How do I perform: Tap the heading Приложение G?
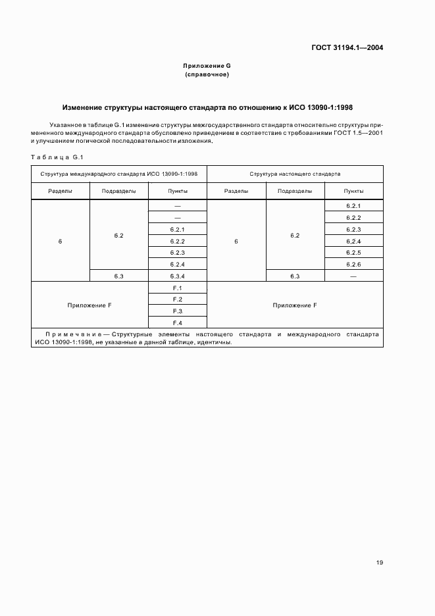(207, 66)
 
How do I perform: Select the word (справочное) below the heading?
(207, 75)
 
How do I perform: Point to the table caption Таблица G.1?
(57, 156)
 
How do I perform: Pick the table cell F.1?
(178, 288)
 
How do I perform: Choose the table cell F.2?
(178, 299)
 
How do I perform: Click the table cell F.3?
(178, 311)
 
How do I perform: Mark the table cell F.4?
(178, 322)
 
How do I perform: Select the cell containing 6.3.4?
(178, 276)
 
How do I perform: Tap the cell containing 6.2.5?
(353, 253)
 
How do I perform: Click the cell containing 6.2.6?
(353, 265)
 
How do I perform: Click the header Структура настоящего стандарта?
(295, 174)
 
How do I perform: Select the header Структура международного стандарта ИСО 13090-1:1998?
(119, 174)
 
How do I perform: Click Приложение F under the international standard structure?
(90, 305)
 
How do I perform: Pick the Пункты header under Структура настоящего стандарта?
(353, 191)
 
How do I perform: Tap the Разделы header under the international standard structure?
(61, 191)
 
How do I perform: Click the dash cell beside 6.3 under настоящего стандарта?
(353, 276)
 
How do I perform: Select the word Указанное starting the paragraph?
(65, 124)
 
